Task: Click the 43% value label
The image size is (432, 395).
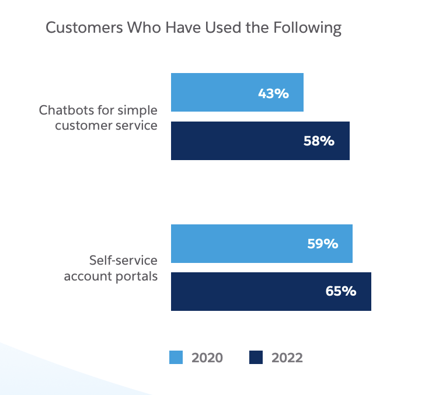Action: (x=273, y=93)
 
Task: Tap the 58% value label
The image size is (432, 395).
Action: (x=319, y=141)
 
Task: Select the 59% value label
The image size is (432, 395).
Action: (x=322, y=244)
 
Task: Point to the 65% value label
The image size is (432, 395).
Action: (x=340, y=292)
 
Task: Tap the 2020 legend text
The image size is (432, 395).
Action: (x=207, y=358)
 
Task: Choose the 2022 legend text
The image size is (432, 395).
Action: (x=287, y=358)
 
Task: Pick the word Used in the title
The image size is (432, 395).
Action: (x=220, y=28)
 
